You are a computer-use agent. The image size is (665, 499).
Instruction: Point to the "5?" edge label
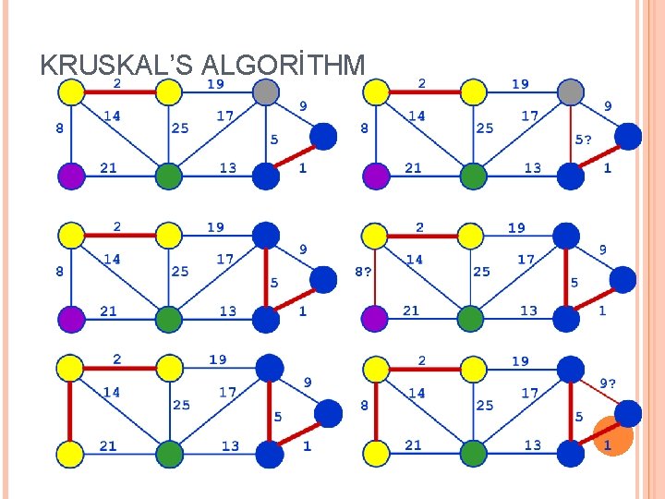585,140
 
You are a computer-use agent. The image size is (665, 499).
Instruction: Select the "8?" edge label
365,272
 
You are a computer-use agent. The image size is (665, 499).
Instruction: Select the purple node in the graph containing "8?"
375,319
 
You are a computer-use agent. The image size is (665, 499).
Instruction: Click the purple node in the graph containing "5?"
376,176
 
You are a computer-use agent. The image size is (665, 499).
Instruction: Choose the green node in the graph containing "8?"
471,319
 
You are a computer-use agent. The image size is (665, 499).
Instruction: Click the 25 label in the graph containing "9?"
485,405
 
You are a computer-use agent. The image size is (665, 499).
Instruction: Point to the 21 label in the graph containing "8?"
412,310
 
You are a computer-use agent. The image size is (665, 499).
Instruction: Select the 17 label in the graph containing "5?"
529,116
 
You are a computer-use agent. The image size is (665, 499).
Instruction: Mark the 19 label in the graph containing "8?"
516,227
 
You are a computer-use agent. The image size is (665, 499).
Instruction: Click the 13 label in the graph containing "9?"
533,445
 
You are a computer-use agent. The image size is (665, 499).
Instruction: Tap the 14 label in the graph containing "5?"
417,116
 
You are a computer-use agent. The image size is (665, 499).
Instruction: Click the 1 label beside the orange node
607,445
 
